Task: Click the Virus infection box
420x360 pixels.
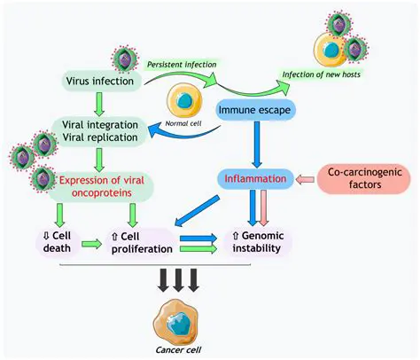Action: click(x=99, y=82)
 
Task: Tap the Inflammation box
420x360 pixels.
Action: click(x=255, y=178)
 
